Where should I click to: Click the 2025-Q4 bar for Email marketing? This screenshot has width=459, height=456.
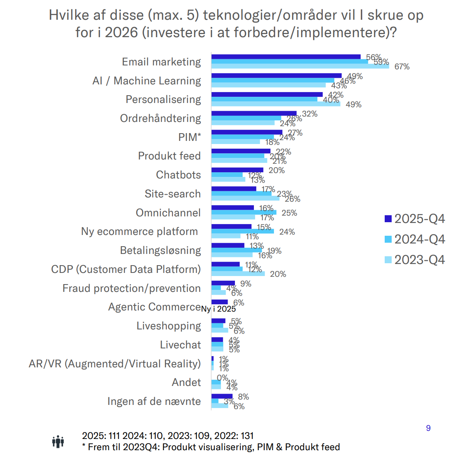(x=286, y=57)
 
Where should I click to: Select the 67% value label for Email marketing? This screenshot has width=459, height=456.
(x=402, y=67)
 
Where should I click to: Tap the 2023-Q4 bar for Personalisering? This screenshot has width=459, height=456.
(x=276, y=104)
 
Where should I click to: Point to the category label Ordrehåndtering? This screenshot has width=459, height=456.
(x=160, y=118)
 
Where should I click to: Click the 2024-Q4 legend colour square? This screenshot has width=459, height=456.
(x=388, y=239)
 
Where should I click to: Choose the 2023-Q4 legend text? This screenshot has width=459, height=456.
(x=420, y=260)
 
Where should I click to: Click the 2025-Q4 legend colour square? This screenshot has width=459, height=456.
(x=388, y=219)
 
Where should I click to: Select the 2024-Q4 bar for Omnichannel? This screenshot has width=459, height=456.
(x=244, y=213)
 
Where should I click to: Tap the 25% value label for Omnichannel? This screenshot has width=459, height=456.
(x=289, y=213)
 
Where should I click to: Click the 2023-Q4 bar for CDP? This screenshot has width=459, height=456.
(x=238, y=274)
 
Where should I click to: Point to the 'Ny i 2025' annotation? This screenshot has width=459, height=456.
(x=218, y=309)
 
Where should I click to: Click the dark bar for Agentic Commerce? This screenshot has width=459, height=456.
(x=219, y=302)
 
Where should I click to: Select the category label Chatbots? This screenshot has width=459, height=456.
(x=178, y=175)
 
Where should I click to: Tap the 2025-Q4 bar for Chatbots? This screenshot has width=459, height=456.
(x=237, y=170)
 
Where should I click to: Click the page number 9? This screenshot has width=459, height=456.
(x=428, y=428)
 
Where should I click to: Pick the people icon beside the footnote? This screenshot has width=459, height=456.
(x=58, y=441)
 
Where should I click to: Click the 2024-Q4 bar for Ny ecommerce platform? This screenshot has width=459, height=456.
(x=243, y=231)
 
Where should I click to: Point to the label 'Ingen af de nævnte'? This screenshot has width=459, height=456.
(x=154, y=401)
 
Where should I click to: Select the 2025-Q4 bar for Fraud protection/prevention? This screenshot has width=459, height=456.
(x=223, y=283)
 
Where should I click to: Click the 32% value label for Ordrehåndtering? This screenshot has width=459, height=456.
(x=310, y=114)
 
